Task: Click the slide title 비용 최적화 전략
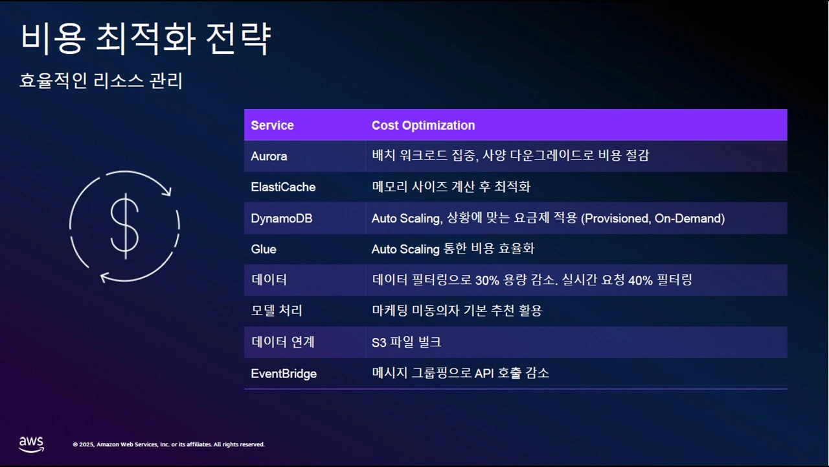click(x=145, y=38)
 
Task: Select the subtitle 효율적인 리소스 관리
click(x=101, y=81)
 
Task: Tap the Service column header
click(x=272, y=125)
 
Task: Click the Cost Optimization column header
click(x=423, y=125)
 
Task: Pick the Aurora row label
click(x=269, y=156)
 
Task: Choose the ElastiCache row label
click(x=283, y=187)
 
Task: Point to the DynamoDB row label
click(x=282, y=219)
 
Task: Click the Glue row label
click(x=264, y=249)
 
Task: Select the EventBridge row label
click(x=284, y=374)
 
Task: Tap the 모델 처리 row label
click(x=277, y=311)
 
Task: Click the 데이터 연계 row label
click(x=282, y=342)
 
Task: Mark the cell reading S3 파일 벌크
click(x=407, y=342)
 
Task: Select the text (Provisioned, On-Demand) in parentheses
click(x=653, y=219)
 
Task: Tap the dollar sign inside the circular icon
click(x=124, y=226)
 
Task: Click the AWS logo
click(x=31, y=444)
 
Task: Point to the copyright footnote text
click(x=168, y=444)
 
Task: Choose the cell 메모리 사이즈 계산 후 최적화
click(x=451, y=187)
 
